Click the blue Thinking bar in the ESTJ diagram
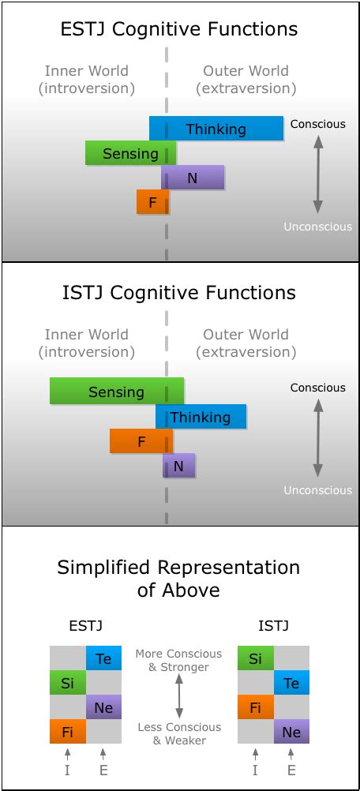pyautogui.click(x=216, y=129)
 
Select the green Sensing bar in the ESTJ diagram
pyautogui.click(x=130, y=153)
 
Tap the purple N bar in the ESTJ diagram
pyautogui.click(x=193, y=178)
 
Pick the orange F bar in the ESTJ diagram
pyautogui.click(x=152, y=203)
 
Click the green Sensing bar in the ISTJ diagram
pyautogui.click(x=116, y=392)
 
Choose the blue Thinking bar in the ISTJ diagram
pyautogui.click(x=201, y=417)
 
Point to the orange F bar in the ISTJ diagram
pyautogui.click(x=141, y=441)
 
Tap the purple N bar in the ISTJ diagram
pyautogui.click(x=178, y=466)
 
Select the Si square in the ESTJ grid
pyautogui.click(x=67, y=683)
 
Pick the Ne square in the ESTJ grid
pyautogui.click(x=103, y=707)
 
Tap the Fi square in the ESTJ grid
pyautogui.click(x=67, y=732)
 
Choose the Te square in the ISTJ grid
pyautogui.click(x=291, y=683)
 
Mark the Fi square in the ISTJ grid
pyautogui.click(x=255, y=707)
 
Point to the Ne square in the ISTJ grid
pyautogui.click(x=291, y=732)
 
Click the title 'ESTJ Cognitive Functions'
pyautogui.click(x=179, y=30)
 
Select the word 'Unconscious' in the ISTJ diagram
pyautogui.click(x=317, y=490)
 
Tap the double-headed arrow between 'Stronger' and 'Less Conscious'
pyautogui.click(x=179, y=697)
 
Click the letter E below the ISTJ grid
pyautogui.click(x=291, y=770)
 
